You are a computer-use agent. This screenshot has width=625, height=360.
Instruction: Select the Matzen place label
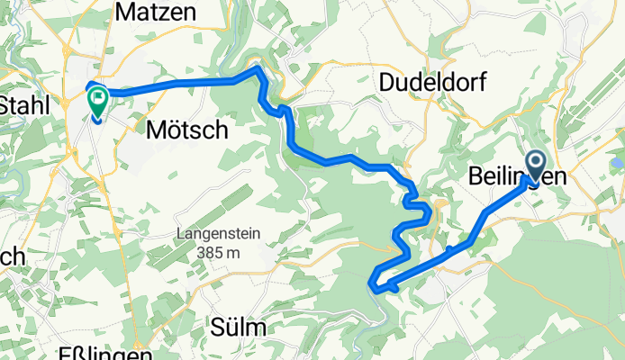click(x=146, y=13)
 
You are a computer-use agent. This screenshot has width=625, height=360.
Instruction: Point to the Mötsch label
click(x=186, y=130)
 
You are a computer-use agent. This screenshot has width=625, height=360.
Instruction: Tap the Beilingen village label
click(x=518, y=177)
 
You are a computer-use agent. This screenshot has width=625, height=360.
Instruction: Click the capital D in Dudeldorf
click(x=388, y=82)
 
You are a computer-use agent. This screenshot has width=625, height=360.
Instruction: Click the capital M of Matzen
click(x=123, y=13)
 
